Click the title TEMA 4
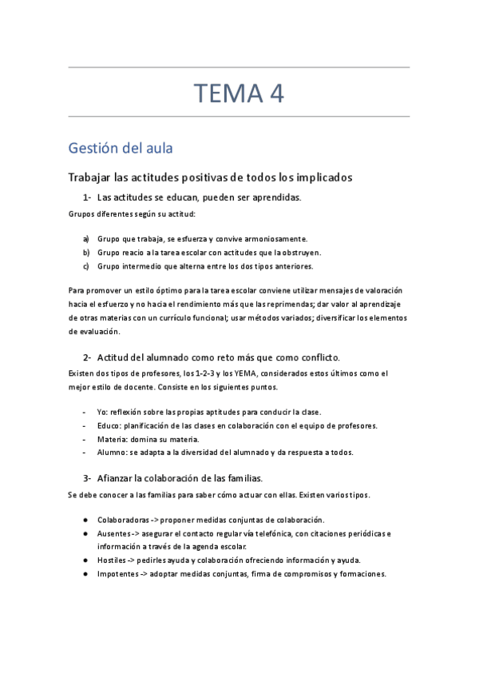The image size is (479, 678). (x=239, y=94)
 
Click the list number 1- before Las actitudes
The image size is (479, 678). (x=88, y=197)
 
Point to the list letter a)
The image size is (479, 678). (x=86, y=239)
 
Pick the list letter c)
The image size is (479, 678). (x=86, y=265)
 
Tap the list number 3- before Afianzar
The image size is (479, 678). (x=88, y=478)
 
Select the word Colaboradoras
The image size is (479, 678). (x=123, y=520)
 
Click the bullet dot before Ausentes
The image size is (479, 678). (x=85, y=533)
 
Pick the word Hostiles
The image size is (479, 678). (x=112, y=560)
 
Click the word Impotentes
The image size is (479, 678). (x=117, y=574)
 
